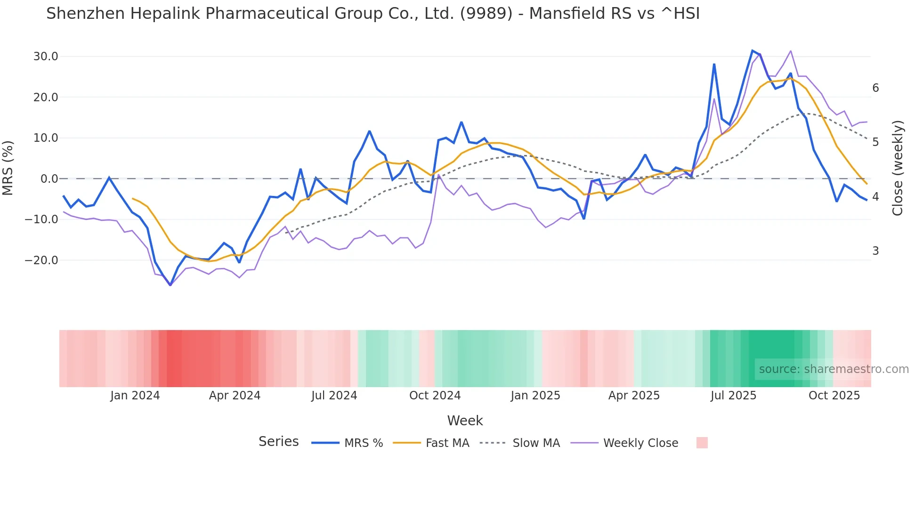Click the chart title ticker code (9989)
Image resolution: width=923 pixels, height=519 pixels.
click(x=486, y=14)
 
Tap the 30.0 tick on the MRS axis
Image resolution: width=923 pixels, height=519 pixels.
click(x=46, y=57)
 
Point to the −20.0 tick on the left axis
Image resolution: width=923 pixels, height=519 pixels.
click(x=42, y=260)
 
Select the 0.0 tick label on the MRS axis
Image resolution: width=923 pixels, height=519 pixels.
click(x=49, y=179)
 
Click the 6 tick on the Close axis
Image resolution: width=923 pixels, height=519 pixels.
click(x=875, y=88)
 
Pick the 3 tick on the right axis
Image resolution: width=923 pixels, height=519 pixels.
click(x=875, y=251)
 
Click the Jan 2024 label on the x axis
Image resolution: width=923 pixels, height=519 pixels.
click(x=135, y=396)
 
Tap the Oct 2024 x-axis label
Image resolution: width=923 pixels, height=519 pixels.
click(x=435, y=396)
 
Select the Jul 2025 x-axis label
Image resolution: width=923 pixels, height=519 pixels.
click(x=733, y=396)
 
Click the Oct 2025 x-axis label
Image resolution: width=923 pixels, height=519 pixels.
click(x=834, y=396)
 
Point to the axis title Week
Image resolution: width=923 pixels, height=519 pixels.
click(x=465, y=421)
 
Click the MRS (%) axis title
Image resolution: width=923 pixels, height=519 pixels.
click(x=8, y=168)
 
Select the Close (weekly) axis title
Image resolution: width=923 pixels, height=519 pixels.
click(x=898, y=168)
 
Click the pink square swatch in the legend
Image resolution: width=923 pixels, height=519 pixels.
click(x=702, y=443)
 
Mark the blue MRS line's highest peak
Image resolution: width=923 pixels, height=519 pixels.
click(x=753, y=50)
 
